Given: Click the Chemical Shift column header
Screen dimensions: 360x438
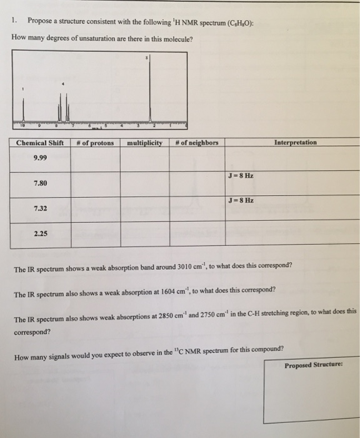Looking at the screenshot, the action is pos(40,143).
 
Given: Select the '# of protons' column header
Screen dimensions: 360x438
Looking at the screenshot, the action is pos(94,143).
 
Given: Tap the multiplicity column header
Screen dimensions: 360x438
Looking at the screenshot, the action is pos(144,143).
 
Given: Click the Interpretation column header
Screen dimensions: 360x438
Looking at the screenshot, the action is pos(295,143).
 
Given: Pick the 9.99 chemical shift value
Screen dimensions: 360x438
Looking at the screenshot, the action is pos(40,158).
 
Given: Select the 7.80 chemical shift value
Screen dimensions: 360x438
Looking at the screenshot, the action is pos(40,183).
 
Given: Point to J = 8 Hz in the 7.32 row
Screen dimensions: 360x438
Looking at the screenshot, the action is pos(241,201).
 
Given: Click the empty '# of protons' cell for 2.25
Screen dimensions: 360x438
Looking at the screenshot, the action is pos(94,235).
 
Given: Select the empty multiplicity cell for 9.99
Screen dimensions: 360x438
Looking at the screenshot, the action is pos(144,160).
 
